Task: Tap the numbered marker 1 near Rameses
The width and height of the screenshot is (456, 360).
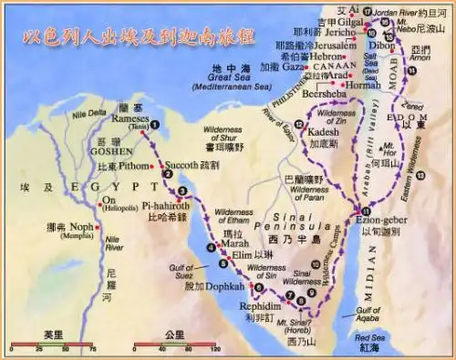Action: (155, 125)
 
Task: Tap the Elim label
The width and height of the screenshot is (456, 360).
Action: (248, 256)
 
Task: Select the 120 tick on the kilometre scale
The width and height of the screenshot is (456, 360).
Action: (216, 348)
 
